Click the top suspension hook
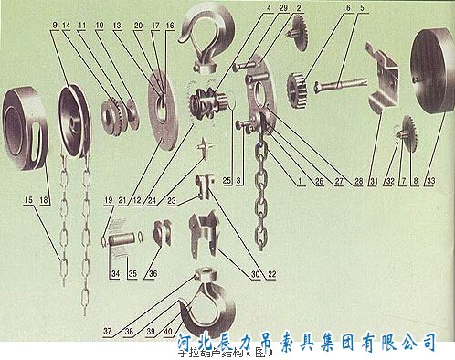coord(208,37)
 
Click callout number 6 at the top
coord(347,8)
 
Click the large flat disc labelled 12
coord(164,110)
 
